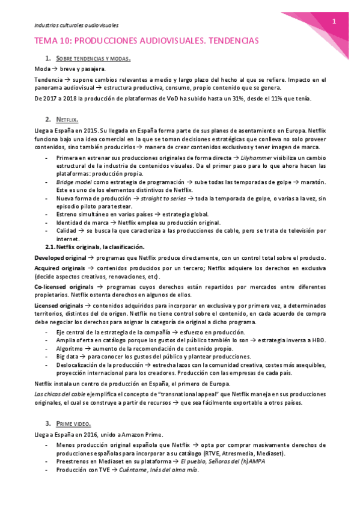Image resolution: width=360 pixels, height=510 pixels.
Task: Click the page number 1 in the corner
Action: pyautogui.click(x=334, y=21)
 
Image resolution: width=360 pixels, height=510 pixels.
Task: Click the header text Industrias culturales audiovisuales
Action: pyautogui.click(x=76, y=25)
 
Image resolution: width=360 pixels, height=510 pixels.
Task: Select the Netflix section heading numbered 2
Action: pyautogui.click(x=67, y=120)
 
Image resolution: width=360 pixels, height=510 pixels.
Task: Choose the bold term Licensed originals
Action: pyautogui.click(x=59, y=306)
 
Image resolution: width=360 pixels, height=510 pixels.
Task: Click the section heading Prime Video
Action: pyautogui.click(x=73, y=423)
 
